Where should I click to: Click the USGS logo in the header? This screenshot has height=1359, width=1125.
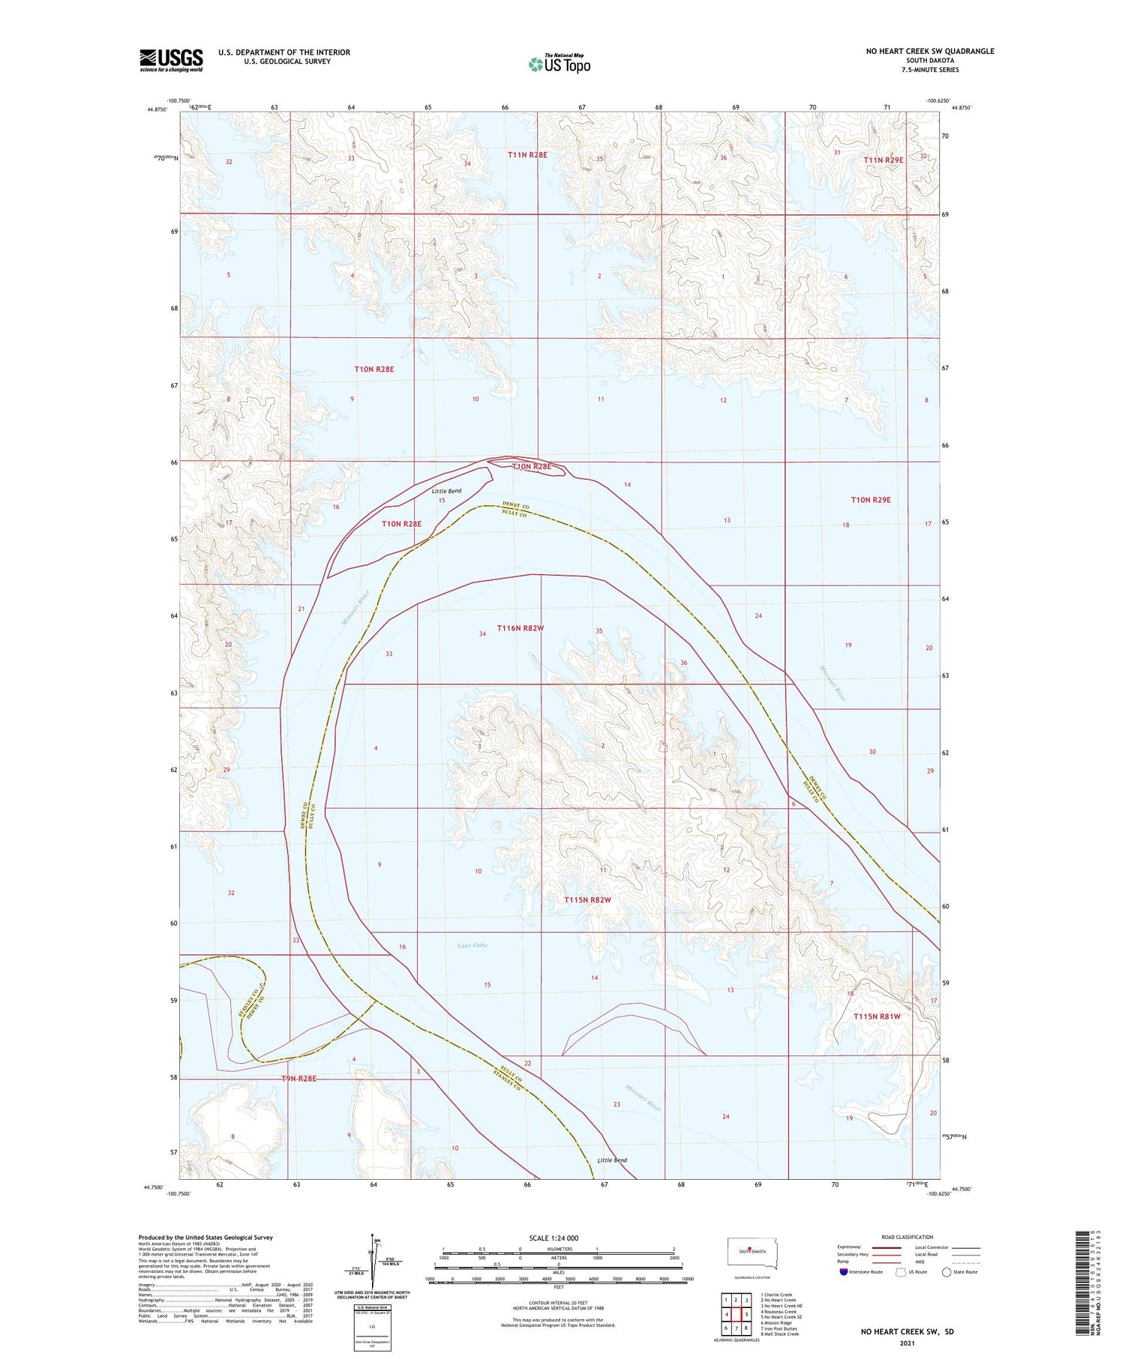pyautogui.click(x=171, y=60)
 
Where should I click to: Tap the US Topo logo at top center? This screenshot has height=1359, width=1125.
pyautogui.click(x=559, y=64)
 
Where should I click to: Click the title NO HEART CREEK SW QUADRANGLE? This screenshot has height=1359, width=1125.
pyautogui.click(x=930, y=51)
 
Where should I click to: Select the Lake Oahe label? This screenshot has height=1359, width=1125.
pyautogui.click(x=472, y=945)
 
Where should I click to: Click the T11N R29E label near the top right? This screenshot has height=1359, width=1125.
pyautogui.click(x=883, y=160)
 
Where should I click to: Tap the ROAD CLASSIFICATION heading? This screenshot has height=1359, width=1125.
pyautogui.click(x=907, y=1237)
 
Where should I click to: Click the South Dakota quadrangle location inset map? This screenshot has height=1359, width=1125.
pyautogui.click(x=752, y=1253)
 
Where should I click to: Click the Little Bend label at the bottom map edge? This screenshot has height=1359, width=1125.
pyautogui.click(x=612, y=1160)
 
